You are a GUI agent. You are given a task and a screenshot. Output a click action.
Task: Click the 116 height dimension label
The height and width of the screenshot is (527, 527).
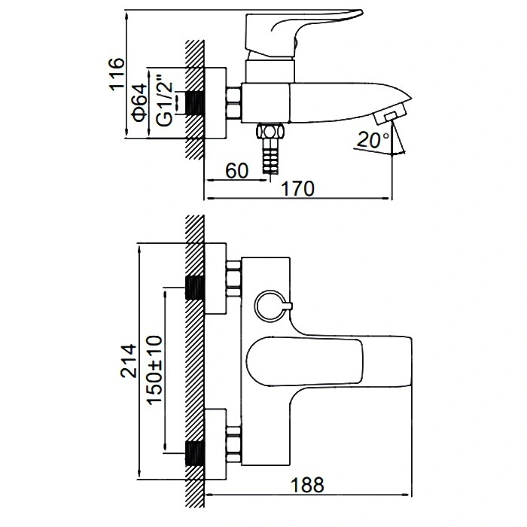pos(114,74)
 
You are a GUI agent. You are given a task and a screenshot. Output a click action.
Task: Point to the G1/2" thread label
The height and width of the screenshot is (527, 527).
pos(163,101)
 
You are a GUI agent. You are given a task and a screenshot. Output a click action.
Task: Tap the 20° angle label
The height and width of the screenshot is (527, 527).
pos(374,140)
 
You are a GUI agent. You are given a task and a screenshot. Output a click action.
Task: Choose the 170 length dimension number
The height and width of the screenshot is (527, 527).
pos(299,189)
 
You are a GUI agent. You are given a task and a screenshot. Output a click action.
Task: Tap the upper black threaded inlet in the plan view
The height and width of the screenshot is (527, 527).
pos(195,289)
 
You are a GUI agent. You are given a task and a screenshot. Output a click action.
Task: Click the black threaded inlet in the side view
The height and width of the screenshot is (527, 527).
pos(196,104)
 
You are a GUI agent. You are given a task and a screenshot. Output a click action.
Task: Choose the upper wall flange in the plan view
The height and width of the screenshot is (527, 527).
pos(215,279)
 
